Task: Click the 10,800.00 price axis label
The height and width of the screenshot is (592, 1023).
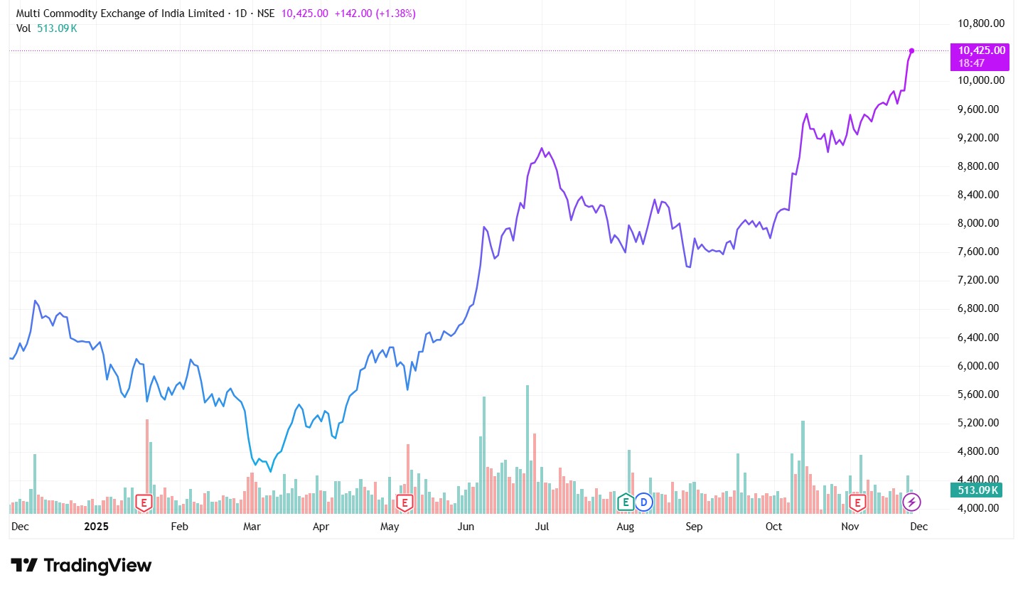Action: (x=981, y=23)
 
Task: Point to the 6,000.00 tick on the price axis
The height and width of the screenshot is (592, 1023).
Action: (x=981, y=366)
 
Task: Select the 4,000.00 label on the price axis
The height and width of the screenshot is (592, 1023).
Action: (x=981, y=509)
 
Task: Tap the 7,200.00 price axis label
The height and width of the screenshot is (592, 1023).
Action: (x=981, y=280)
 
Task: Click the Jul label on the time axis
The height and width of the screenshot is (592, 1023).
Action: (x=542, y=527)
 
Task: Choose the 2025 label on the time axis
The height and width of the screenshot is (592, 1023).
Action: (x=95, y=527)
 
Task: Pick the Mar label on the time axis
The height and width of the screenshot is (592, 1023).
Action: (x=252, y=527)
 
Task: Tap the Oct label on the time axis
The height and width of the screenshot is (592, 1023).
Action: (x=773, y=527)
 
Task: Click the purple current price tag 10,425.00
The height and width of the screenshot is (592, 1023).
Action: (x=982, y=50)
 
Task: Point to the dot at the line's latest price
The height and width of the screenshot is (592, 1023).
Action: (x=911, y=50)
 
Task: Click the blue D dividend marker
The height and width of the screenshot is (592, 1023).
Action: (x=644, y=502)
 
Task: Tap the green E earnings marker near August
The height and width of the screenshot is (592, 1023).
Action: (x=626, y=502)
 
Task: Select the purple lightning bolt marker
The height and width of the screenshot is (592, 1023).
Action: (x=911, y=502)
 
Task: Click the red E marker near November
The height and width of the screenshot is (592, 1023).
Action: (x=858, y=503)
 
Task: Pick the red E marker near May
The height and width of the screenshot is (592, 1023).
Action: (x=405, y=503)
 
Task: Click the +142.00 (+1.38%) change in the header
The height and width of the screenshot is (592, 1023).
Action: (x=375, y=14)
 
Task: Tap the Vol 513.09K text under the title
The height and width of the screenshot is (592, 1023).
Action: (x=47, y=28)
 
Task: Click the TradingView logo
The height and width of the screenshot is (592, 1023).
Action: (x=81, y=566)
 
